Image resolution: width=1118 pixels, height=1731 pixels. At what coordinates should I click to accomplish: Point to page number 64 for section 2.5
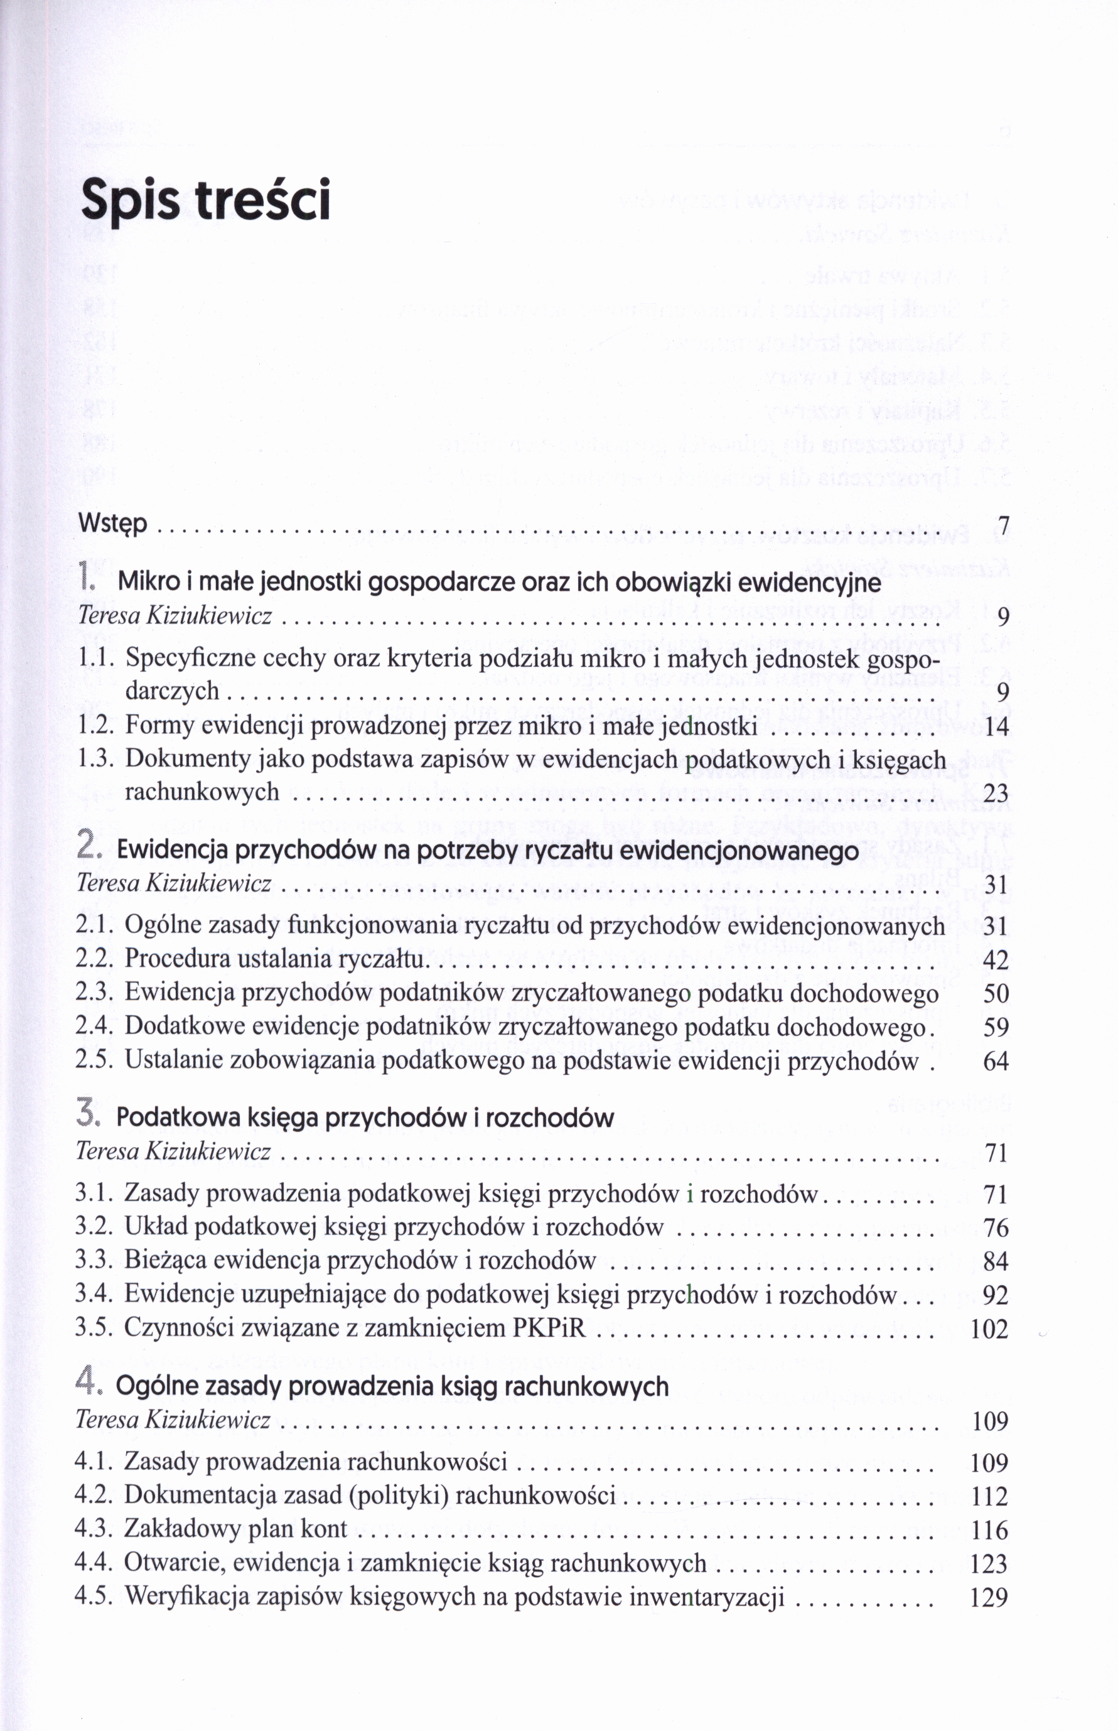(996, 1062)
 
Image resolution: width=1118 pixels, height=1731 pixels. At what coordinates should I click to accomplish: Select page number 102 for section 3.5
(989, 1329)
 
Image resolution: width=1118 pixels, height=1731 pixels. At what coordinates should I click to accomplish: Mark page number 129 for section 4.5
(989, 1597)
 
